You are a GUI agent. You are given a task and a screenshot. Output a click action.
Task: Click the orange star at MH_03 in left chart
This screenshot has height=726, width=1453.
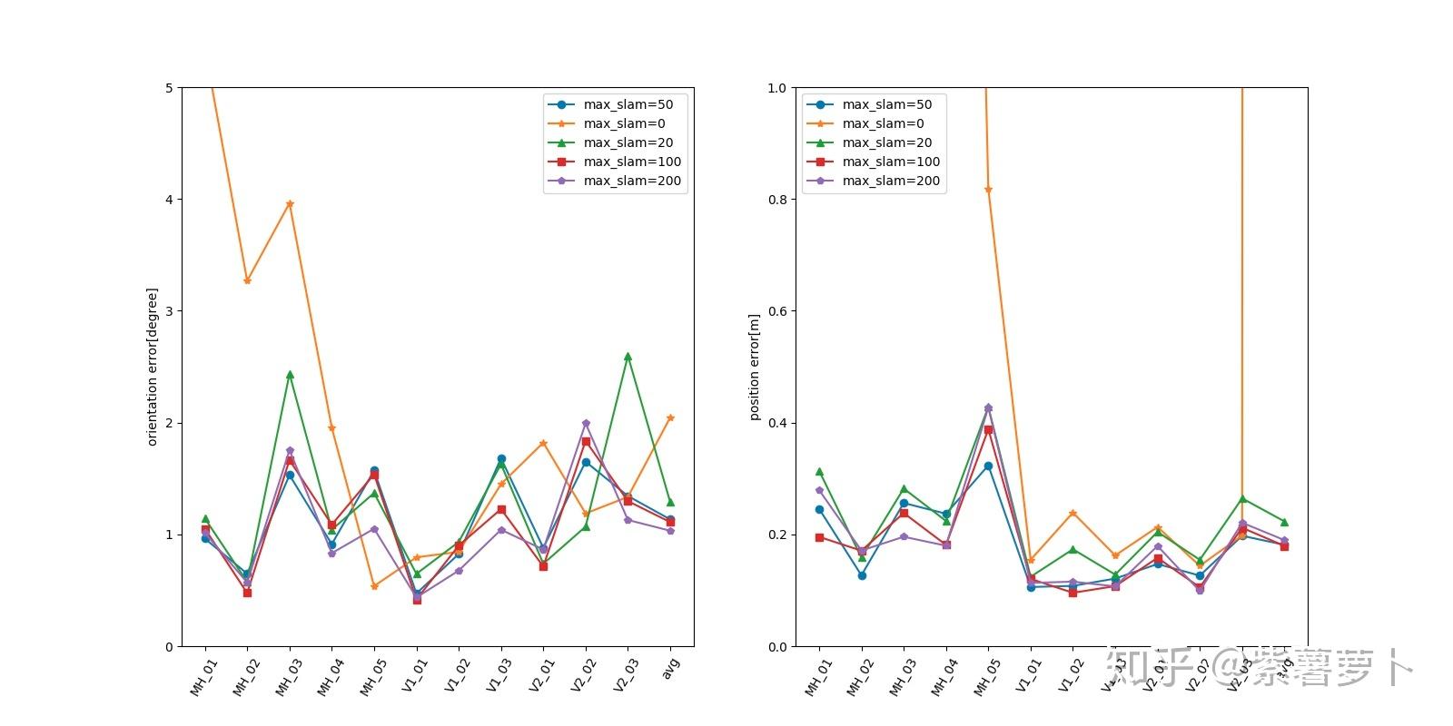[290, 204]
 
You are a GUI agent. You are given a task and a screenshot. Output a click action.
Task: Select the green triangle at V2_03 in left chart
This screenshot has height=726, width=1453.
[628, 357]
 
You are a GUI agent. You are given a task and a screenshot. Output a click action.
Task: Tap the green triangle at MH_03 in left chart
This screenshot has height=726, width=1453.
[290, 374]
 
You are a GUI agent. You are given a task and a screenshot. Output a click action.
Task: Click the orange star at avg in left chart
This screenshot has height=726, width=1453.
[670, 417]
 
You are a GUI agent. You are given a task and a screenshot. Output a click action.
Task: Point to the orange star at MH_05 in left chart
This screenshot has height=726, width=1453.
[374, 586]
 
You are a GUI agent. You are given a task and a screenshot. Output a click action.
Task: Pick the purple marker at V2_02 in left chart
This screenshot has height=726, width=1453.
[586, 423]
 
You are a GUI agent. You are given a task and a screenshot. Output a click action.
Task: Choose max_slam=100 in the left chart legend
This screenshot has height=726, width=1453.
[632, 162]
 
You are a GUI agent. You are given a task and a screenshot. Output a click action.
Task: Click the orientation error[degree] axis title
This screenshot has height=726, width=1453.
[153, 367]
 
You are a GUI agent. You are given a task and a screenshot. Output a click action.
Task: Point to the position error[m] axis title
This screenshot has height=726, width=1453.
[754, 367]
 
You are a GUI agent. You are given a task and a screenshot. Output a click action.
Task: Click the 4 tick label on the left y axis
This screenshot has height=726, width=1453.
[168, 200]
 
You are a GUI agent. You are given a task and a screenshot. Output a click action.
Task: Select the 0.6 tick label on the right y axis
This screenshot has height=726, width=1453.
[777, 311]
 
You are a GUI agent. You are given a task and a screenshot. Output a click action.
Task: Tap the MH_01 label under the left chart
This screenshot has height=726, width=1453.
[203, 677]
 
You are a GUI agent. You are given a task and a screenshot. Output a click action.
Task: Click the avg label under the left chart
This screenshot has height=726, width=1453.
[671, 668]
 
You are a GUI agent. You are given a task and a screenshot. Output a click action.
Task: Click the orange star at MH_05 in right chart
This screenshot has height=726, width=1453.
[988, 190]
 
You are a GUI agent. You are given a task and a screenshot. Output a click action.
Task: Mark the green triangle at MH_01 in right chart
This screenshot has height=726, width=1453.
[819, 472]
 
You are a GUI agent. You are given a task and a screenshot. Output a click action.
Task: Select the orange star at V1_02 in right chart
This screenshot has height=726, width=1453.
[1072, 514]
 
